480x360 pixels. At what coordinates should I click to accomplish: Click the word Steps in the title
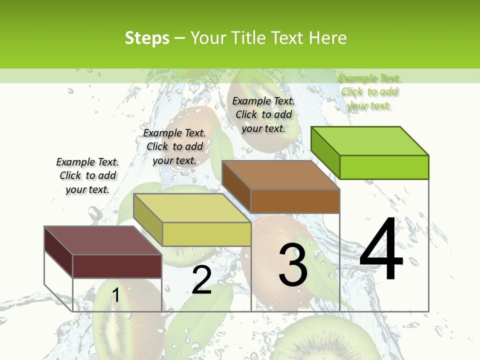coord(146,38)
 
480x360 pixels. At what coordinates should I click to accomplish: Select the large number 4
coord(381,250)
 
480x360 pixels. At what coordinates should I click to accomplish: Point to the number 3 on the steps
coord(293,264)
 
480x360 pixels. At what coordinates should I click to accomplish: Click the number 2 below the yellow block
coord(201,280)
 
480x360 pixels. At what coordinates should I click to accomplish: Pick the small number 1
coord(115,295)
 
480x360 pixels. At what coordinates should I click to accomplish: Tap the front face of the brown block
coord(295,201)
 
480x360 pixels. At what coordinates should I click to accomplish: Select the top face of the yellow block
coord(192,208)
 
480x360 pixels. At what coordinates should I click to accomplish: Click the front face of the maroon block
coord(117,266)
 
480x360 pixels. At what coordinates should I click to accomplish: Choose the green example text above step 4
coord(369,91)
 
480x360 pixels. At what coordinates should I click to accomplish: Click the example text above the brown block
coord(263,114)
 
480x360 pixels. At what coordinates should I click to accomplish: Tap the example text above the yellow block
coord(174,146)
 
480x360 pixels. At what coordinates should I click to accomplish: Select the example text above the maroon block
coord(87,175)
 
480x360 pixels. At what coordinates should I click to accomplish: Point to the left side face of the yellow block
coord(147,218)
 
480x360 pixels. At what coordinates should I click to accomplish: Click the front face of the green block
coord(384,167)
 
